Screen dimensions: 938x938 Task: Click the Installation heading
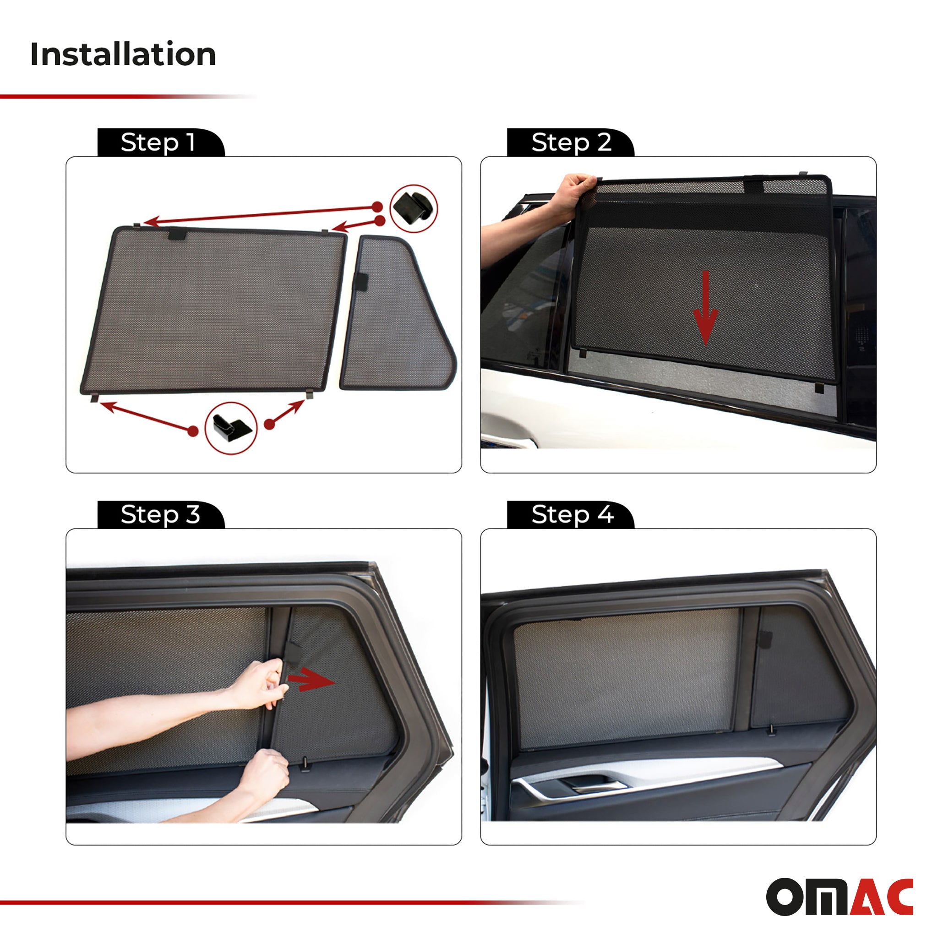123,54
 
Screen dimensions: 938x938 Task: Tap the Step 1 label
158,143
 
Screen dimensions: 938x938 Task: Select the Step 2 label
571,143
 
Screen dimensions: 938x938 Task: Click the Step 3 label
160,515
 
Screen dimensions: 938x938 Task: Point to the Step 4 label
573,515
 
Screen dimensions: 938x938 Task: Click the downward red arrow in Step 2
705,308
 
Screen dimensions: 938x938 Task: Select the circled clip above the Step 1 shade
413,208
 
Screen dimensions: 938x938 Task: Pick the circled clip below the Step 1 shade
231,428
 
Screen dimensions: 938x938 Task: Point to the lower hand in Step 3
265,772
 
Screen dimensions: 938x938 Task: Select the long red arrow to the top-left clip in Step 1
262,215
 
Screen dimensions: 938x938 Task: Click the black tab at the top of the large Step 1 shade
178,235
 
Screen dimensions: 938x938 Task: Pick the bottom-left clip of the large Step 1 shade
94,398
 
